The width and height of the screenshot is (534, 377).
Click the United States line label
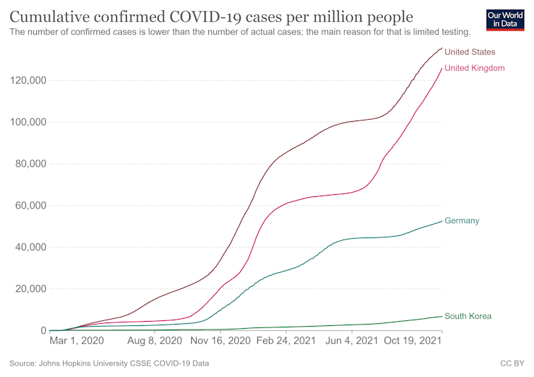470,52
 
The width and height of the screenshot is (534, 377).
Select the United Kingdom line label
475,68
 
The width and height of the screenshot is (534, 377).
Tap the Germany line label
462,220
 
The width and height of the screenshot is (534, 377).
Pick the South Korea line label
467,316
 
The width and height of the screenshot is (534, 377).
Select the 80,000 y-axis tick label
30,164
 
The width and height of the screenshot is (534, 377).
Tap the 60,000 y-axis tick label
30,206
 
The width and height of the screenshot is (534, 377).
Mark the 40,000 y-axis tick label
30,247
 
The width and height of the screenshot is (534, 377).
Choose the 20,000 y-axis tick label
30,289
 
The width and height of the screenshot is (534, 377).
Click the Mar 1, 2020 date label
78,341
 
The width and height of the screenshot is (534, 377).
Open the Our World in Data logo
506,21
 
